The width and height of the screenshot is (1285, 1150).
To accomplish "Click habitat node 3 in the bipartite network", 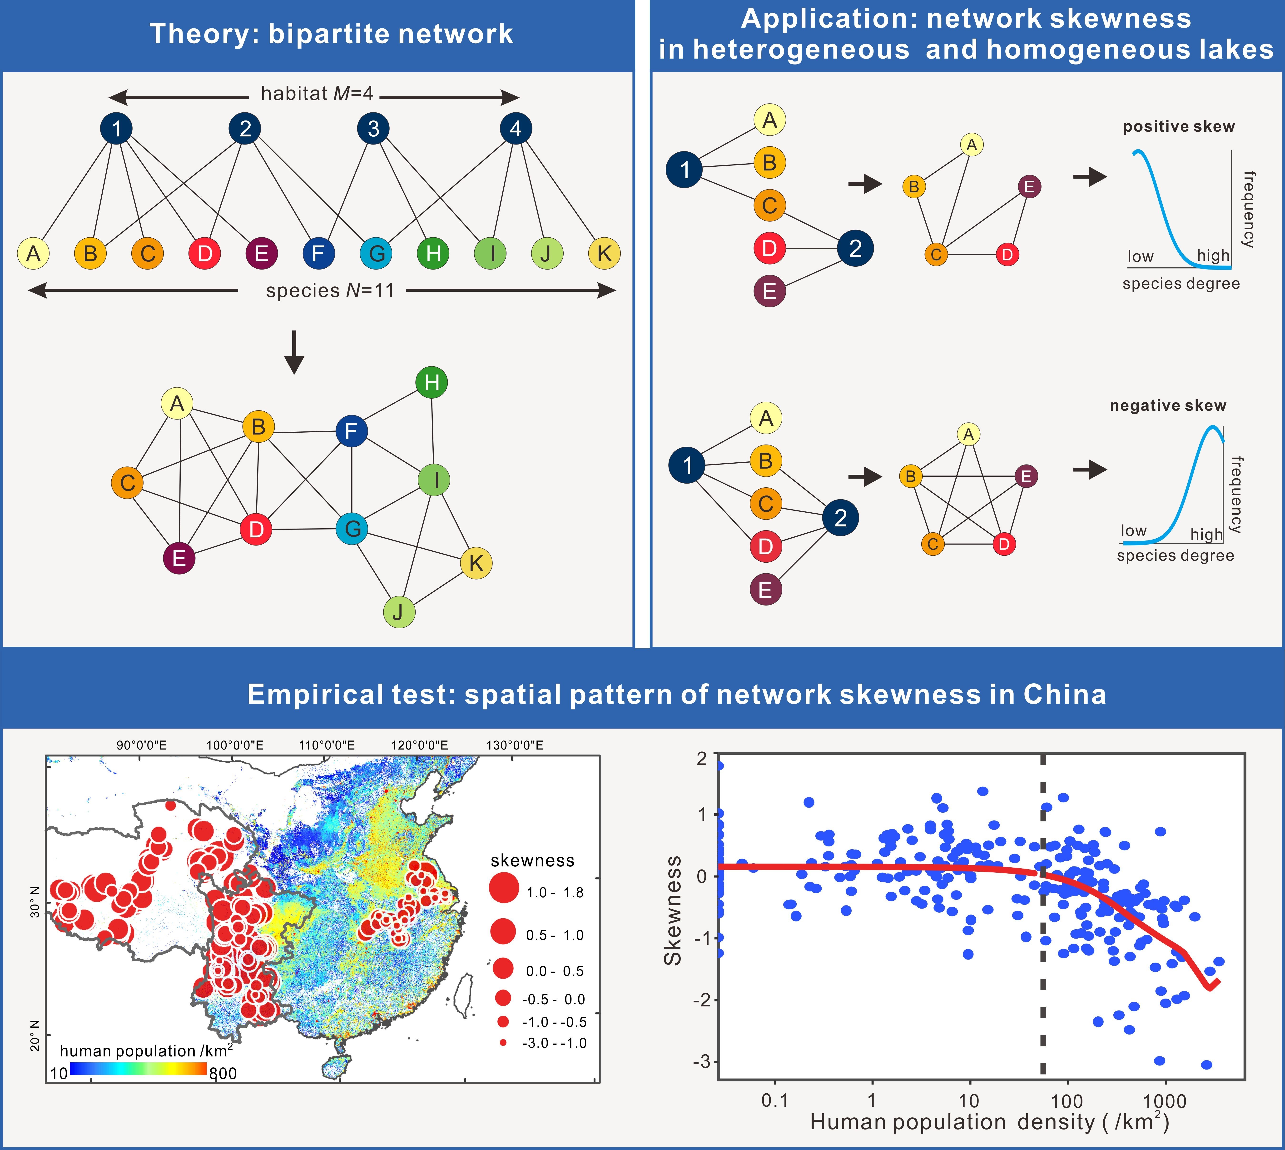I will (373, 128).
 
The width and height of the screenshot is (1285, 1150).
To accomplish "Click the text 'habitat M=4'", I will (317, 94).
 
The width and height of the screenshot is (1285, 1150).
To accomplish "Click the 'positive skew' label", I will (1178, 126).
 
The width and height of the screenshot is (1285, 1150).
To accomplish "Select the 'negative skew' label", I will (1167, 406).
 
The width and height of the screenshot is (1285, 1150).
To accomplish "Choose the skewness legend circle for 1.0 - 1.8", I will (504, 887).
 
